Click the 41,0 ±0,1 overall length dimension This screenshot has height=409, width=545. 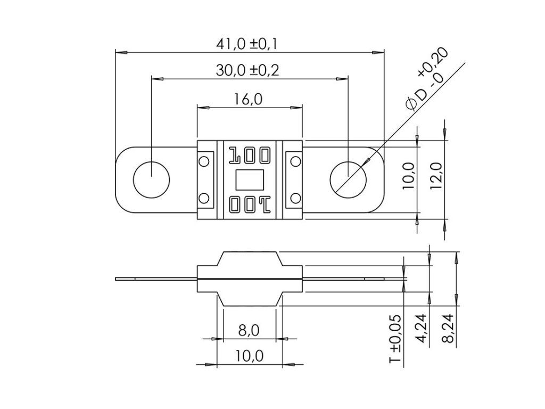coord(247,44)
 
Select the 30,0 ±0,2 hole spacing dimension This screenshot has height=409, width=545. coord(247,70)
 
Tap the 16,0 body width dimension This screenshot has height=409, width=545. coord(248,99)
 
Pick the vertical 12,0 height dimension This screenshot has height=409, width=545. coord(436,176)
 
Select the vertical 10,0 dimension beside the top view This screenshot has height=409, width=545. coord(409,176)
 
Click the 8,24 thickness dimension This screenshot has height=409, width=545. coord(448,328)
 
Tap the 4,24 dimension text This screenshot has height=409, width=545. coord(422,328)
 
